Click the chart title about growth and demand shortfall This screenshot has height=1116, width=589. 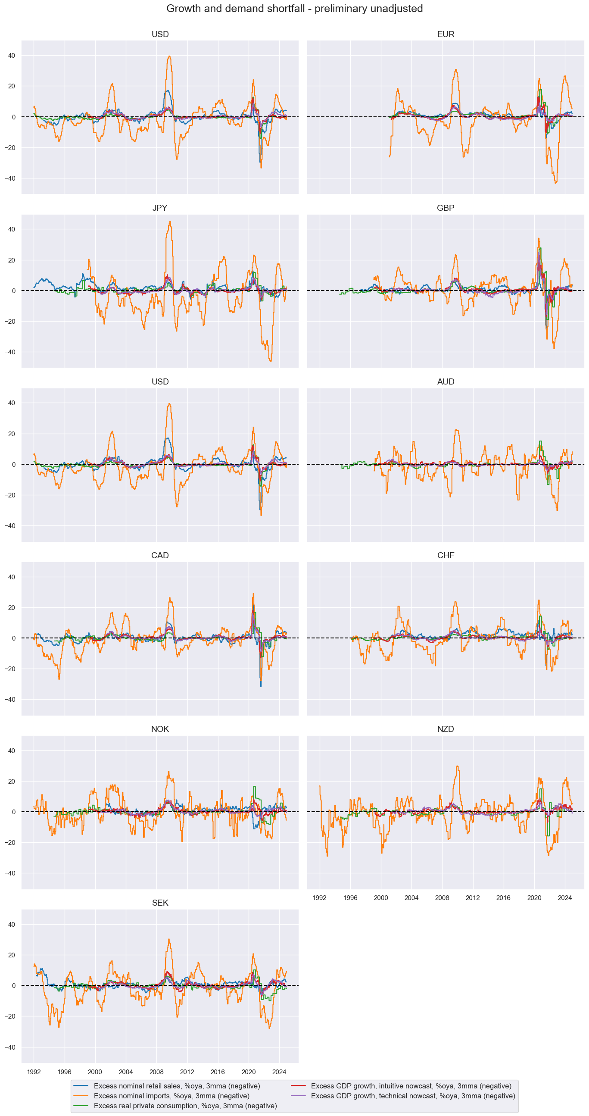click(295, 9)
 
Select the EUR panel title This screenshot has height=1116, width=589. click(446, 34)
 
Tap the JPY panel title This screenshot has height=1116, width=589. click(160, 208)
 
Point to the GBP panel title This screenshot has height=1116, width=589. click(446, 208)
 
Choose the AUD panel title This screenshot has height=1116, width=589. click(446, 381)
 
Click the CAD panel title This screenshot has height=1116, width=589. click(160, 555)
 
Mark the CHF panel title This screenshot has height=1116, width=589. click(446, 555)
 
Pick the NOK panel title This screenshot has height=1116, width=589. click(160, 729)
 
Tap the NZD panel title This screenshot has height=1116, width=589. click(446, 729)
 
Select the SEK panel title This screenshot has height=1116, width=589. click(160, 903)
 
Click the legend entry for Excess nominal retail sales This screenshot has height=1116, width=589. click(177, 1086)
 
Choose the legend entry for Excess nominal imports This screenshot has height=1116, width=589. click(171, 1096)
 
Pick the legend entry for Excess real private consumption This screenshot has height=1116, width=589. click(185, 1106)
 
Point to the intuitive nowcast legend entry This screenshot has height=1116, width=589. click(411, 1086)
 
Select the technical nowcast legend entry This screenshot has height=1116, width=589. click(413, 1096)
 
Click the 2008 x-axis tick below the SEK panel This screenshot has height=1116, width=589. click(157, 1072)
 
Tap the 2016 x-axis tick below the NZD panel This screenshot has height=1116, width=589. click(503, 898)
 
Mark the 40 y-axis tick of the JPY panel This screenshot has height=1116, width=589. click(11, 229)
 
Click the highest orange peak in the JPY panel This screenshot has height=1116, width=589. click(170, 222)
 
